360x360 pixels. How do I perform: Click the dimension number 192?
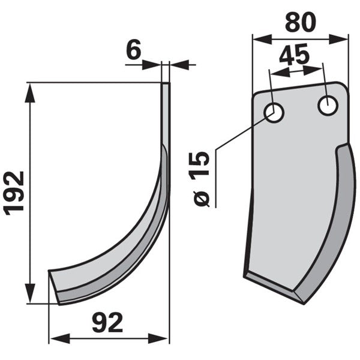[x=14, y=193]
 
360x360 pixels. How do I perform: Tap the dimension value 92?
[x=107, y=323]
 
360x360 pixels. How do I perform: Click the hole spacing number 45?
[x=295, y=55]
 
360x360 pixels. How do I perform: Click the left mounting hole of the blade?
[x=274, y=113]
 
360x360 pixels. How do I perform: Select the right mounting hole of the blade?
[x=328, y=106]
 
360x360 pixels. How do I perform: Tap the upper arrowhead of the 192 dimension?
[x=30, y=94]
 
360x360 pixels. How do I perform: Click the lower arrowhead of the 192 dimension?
[x=30, y=293]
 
